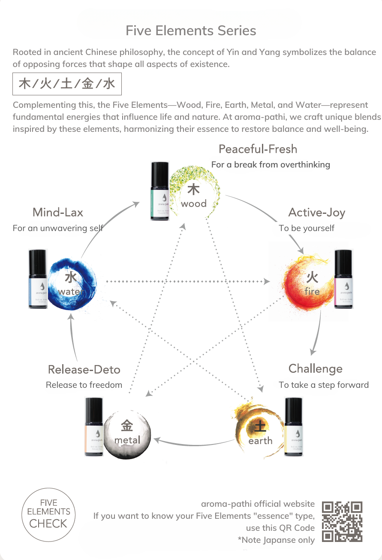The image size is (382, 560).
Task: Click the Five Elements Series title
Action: pos(191,31)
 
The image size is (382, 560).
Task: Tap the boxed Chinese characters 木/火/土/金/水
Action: pos(67,84)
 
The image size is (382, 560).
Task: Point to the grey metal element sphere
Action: pos(127,434)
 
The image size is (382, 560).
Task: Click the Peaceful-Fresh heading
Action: pos(258,149)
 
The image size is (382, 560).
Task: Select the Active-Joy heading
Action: pos(316,213)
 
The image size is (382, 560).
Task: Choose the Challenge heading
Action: pos(315,369)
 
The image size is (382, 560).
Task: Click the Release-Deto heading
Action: pos(84,370)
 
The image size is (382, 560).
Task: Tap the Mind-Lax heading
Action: pos(58,213)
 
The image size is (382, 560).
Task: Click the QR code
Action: pos(342,521)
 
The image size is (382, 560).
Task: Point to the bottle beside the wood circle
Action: pos(159,191)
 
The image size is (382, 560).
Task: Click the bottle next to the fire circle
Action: pos(343,279)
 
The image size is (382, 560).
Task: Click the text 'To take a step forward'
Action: pos(324,385)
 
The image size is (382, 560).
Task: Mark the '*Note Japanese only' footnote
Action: pos(276,540)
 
